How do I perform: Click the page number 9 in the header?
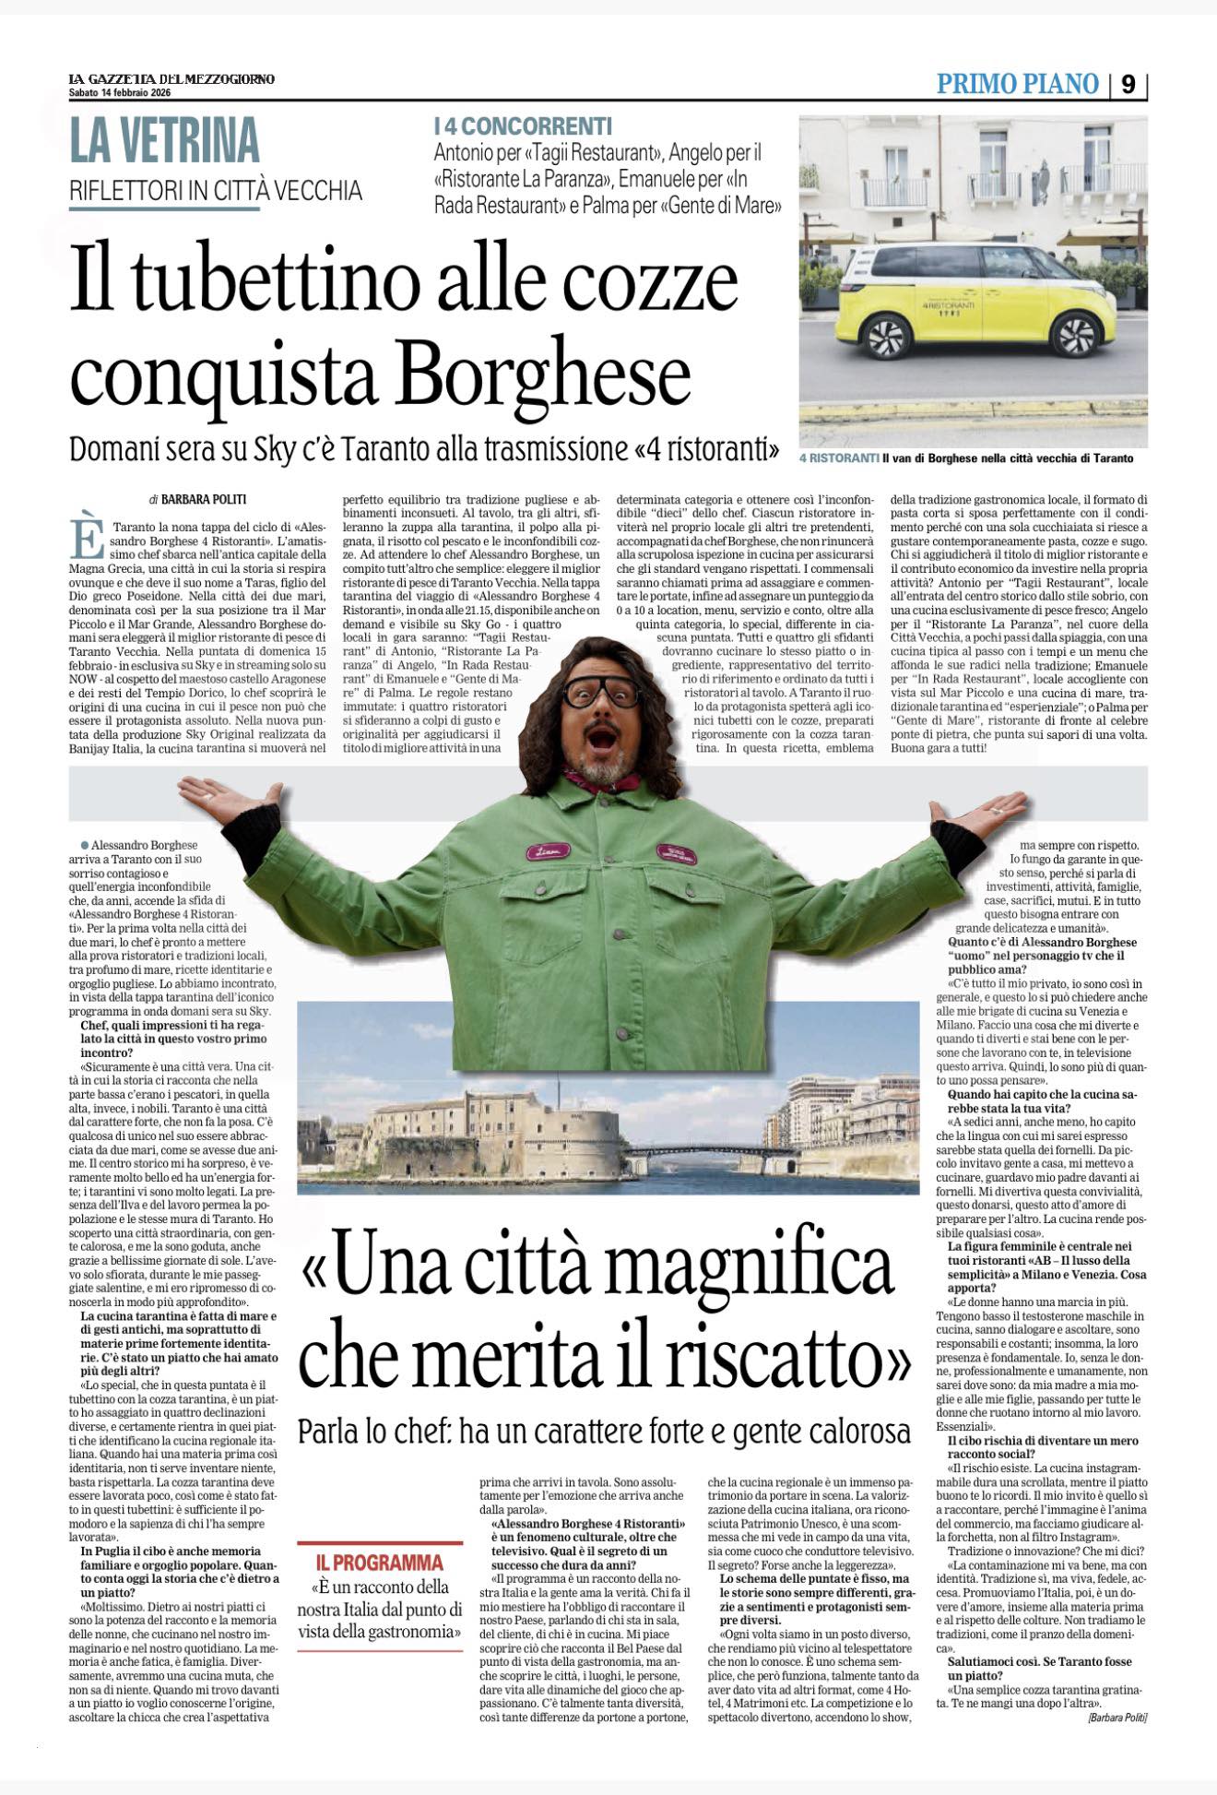1129,85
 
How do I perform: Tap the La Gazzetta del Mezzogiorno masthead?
171,78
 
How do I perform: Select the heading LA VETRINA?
165,141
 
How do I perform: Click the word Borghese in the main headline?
546,375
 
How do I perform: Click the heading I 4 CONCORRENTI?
523,126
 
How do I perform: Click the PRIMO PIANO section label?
1017,85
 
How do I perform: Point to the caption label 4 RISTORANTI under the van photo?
838,458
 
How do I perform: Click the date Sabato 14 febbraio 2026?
120,92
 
